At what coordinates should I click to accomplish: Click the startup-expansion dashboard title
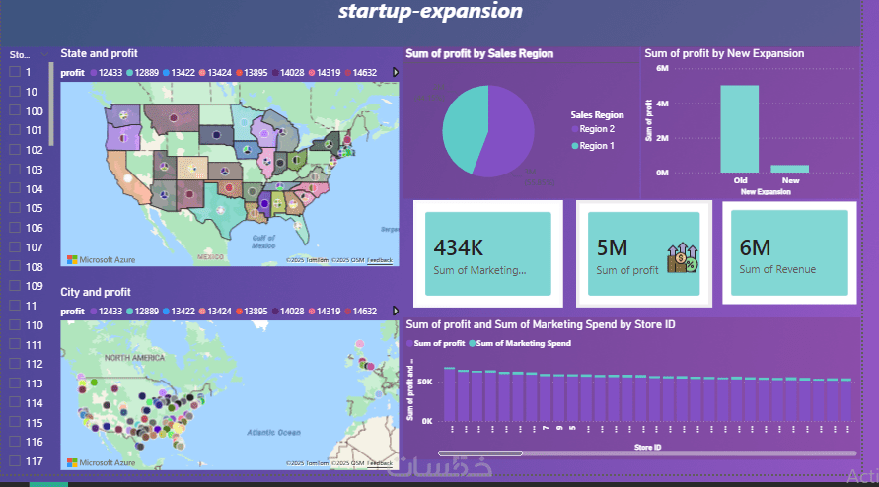[x=430, y=13]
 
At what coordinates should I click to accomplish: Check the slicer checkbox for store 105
[x=15, y=208]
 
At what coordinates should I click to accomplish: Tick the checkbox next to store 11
[x=15, y=306]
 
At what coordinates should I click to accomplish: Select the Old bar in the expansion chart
[x=740, y=128]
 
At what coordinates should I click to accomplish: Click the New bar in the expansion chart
[x=789, y=169]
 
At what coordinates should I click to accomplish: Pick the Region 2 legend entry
[x=597, y=129]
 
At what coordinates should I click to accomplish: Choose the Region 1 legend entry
[x=597, y=146]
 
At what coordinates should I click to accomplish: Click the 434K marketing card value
[x=458, y=247]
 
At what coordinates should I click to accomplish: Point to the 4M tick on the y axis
[x=663, y=104]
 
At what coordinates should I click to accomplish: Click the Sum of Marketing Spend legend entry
[x=524, y=343]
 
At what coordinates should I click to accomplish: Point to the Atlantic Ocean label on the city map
[x=275, y=432]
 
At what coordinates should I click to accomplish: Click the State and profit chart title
[x=99, y=53]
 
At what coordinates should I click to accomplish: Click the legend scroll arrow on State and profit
[x=395, y=72]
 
